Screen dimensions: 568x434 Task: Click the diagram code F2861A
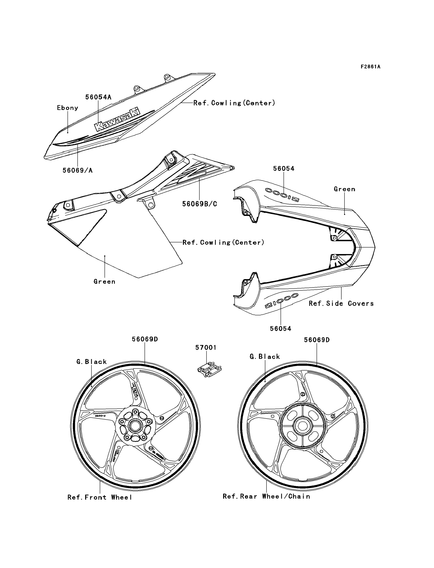tap(371, 67)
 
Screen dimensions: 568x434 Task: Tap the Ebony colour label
tap(67, 108)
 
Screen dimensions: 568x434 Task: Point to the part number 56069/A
tap(77, 170)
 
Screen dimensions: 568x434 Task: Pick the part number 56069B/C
tap(200, 204)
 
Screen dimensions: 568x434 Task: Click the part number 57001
tap(206, 348)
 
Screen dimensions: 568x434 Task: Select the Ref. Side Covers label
tap(341, 303)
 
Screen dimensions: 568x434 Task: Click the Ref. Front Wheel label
tap(100, 497)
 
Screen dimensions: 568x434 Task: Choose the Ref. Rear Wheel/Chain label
tap(266, 496)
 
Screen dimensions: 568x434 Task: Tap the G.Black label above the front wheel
tap(91, 362)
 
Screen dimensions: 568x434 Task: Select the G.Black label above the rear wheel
tap(265, 357)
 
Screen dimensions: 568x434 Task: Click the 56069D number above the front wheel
tap(145, 339)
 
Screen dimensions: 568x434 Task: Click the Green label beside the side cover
tap(344, 189)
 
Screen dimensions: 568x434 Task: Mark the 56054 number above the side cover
tap(284, 169)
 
